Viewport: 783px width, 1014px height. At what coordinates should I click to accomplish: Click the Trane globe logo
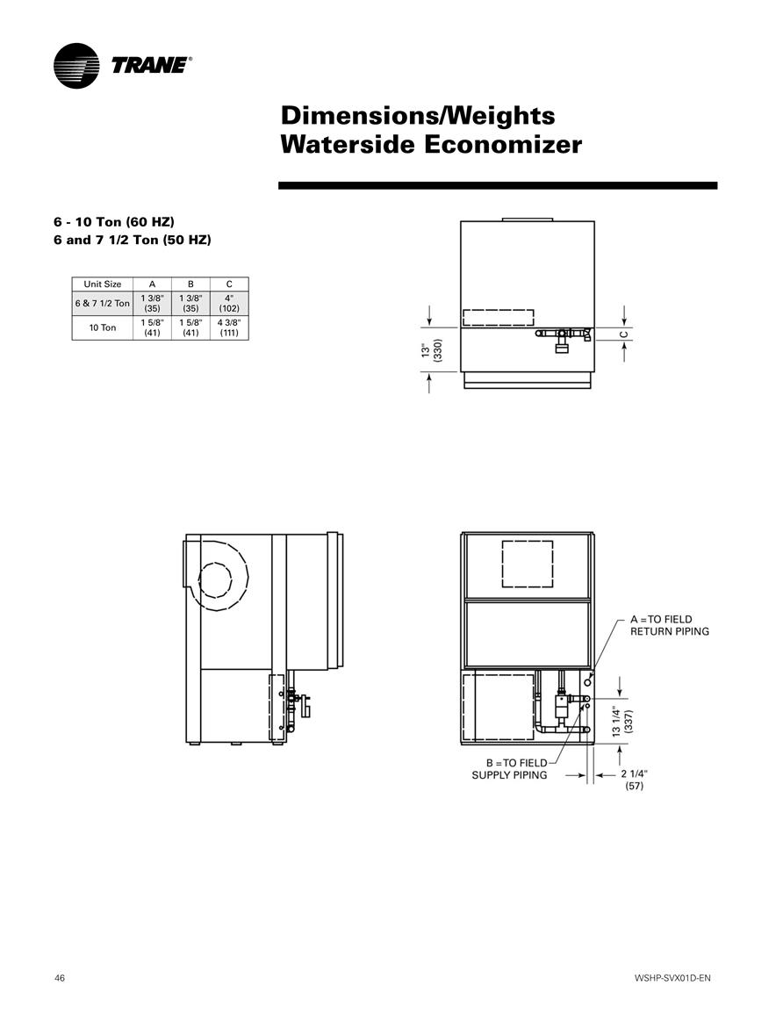tap(76, 66)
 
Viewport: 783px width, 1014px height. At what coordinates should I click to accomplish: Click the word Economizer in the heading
tap(503, 144)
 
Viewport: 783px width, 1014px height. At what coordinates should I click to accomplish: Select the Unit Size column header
tap(102, 284)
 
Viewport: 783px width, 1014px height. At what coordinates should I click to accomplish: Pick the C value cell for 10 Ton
tap(229, 327)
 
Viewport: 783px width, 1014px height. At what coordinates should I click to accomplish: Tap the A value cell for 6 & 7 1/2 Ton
tap(152, 303)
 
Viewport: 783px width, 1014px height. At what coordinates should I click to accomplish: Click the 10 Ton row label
tap(102, 327)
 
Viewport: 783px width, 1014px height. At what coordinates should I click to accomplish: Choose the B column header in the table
tap(190, 284)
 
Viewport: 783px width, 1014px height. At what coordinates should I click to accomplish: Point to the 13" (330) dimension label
tap(431, 350)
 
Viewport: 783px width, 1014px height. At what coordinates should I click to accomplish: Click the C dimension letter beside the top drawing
tap(624, 334)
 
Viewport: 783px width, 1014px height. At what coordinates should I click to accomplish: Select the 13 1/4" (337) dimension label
tap(622, 722)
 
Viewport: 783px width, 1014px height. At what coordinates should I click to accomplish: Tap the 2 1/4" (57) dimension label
tap(634, 780)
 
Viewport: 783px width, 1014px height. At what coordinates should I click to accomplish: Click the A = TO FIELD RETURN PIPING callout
tap(669, 625)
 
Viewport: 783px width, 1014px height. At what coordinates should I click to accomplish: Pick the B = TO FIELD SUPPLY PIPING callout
tap(509, 769)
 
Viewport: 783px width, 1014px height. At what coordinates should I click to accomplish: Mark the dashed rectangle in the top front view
tap(498, 318)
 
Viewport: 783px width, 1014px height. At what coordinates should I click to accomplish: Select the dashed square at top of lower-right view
tap(528, 564)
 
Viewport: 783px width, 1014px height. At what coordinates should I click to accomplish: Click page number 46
tap(60, 978)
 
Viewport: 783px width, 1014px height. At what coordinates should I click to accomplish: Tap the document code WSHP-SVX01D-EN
tap(672, 978)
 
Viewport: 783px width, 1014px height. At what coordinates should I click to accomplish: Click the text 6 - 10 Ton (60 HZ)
tap(114, 222)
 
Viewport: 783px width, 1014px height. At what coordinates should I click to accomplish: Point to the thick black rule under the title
tap(498, 185)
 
